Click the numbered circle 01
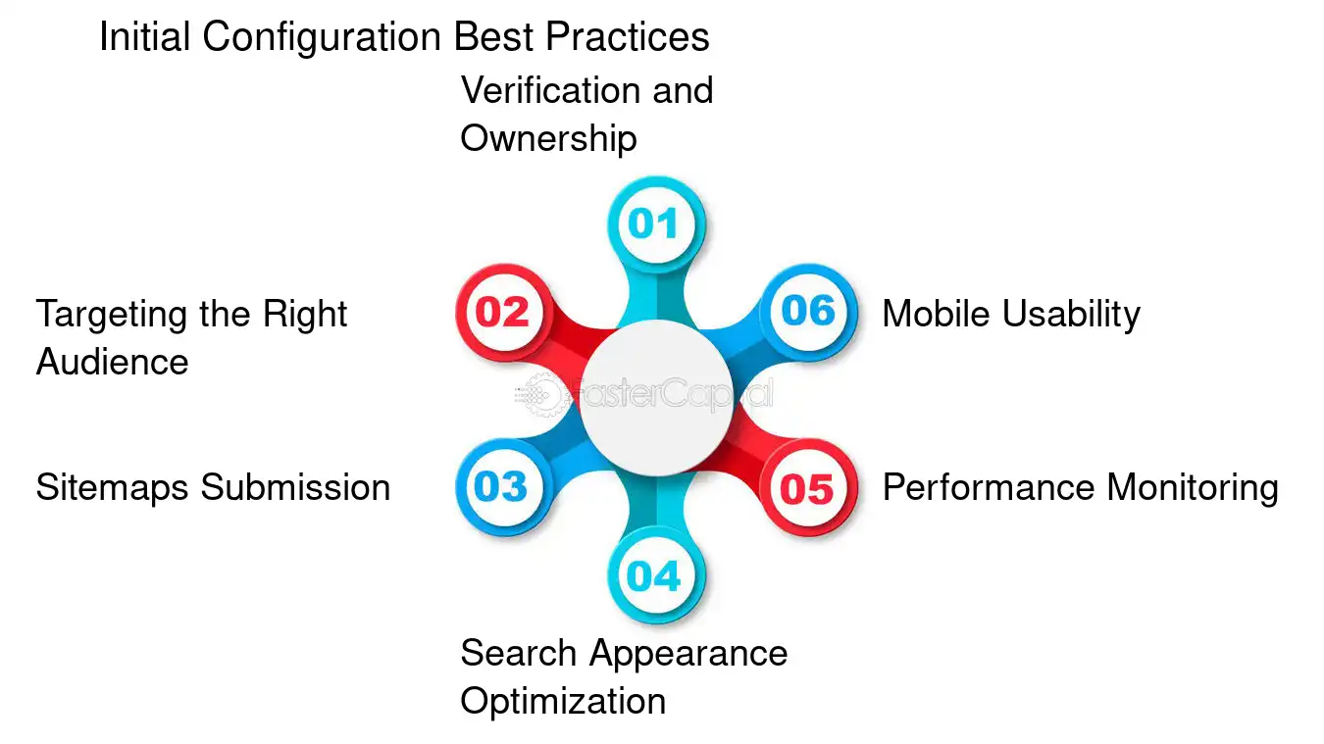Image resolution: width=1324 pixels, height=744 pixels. [654, 223]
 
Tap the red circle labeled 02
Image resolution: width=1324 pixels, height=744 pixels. [503, 312]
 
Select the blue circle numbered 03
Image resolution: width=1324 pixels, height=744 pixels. [502, 487]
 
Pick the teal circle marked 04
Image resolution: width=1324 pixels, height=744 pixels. [654, 575]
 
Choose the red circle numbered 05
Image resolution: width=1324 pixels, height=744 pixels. [807, 488]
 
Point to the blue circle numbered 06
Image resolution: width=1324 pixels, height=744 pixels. [807, 311]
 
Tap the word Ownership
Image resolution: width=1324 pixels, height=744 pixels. [548, 138]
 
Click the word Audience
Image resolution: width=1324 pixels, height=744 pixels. [112, 362]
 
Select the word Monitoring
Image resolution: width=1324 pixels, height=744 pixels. [1193, 487]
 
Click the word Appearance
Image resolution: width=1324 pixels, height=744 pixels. [688, 653]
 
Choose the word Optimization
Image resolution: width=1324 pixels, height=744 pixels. [563, 701]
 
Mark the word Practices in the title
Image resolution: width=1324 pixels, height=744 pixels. [628, 37]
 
